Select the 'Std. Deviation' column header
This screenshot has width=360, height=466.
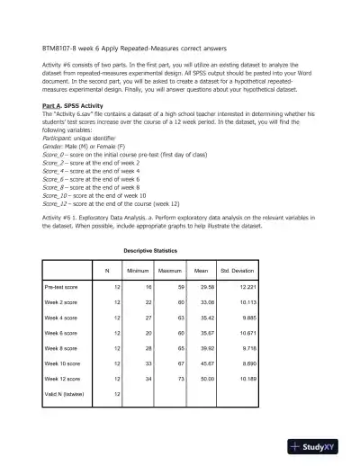[x=238, y=270]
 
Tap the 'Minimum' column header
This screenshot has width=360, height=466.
[x=138, y=270]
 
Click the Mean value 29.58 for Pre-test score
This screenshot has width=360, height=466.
[x=202, y=287]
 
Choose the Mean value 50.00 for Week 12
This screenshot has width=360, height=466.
[x=202, y=381]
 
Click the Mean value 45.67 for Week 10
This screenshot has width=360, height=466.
[x=202, y=362]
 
